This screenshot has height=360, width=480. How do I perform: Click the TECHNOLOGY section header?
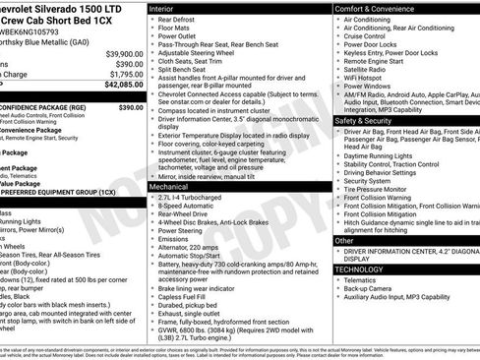click(360, 269)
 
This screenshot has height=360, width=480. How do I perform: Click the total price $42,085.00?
click(122, 87)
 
